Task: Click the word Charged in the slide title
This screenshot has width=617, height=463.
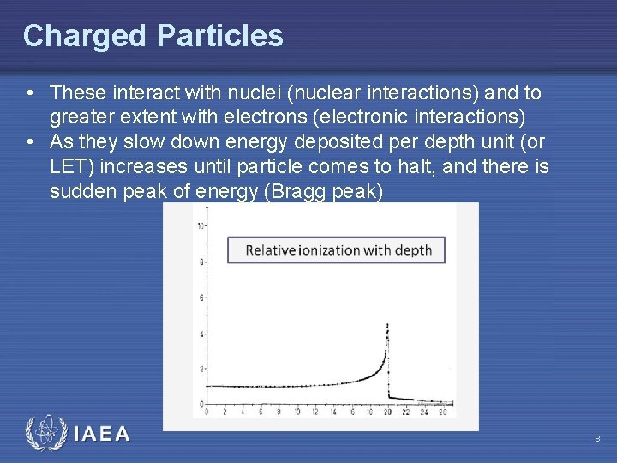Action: click(84, 36)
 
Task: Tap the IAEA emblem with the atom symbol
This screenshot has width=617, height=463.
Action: click(45, 433)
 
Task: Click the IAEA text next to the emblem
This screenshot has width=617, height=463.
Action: click(102, 434)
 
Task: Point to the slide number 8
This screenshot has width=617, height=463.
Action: click(596, 439)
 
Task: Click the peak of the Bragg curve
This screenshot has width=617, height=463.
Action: click(388, 325)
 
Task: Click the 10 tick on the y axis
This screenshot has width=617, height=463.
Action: click(200, 226)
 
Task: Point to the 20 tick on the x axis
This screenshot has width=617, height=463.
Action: click(387, 412)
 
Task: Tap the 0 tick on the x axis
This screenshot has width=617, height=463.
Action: click(207, 412)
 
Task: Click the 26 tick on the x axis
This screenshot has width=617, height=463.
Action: click(442, 412)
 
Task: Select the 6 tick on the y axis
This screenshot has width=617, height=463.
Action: click(201, 298)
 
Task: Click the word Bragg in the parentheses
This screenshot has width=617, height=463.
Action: click(296, 190)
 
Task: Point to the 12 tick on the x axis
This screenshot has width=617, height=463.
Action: click(314, 412)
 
